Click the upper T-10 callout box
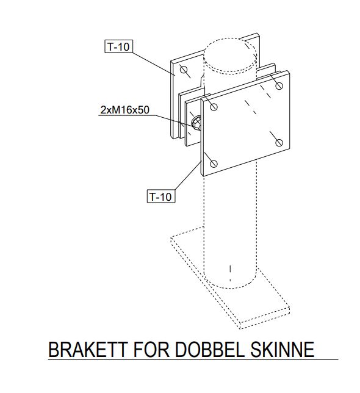pos(118,46)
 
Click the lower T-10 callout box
pos(160,196)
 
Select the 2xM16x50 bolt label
pos(124,110)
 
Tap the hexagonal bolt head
pos(196,123)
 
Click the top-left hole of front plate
pos(214,107)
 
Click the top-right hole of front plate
pos(279,86)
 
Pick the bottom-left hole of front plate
pos(214,164)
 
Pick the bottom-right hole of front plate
pos(279,143)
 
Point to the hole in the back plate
pos(183,69)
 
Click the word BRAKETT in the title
pos(88,350)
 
